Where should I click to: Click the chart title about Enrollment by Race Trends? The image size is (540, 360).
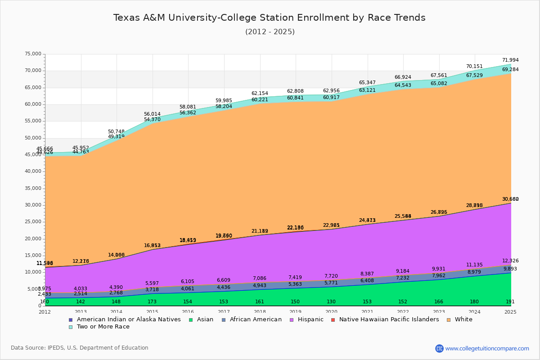coord(269,18)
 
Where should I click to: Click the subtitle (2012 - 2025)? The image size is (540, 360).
coord(270,32)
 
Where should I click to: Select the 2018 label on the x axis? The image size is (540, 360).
coord(260,312)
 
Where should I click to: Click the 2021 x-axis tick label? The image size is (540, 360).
coord(367,312)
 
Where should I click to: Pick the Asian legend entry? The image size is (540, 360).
coord(202,319)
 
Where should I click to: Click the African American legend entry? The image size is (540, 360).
coord(252,319)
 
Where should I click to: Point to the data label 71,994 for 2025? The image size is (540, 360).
coord(510,60)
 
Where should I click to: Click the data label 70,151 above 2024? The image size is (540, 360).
coord(474,67)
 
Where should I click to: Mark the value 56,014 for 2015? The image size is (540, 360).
coord(152,114)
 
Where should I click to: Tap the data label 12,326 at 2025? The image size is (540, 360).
coord(510,261)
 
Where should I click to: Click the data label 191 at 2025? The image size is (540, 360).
coord(510,302)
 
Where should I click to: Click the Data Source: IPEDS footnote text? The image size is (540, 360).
coord(80,348)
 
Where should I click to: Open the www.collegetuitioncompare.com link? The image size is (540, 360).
coord(487,348)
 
